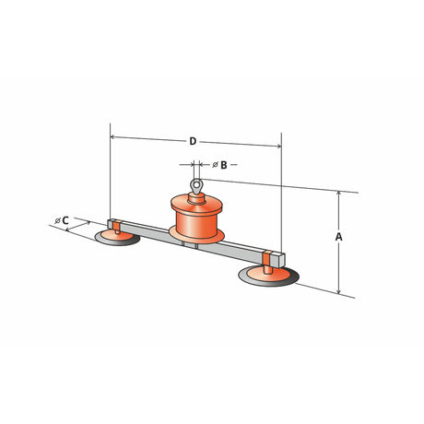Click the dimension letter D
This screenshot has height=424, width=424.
click(193, 141)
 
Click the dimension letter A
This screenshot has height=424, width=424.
click(338, 237)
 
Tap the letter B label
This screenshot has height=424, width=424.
click(224, 165)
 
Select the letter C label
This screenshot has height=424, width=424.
click(65, 220)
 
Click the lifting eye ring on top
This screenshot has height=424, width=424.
click(196, 185)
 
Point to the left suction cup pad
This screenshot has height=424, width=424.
click(117, 238)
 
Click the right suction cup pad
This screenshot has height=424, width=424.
click(268, 276)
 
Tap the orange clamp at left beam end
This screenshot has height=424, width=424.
click(116, 226)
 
